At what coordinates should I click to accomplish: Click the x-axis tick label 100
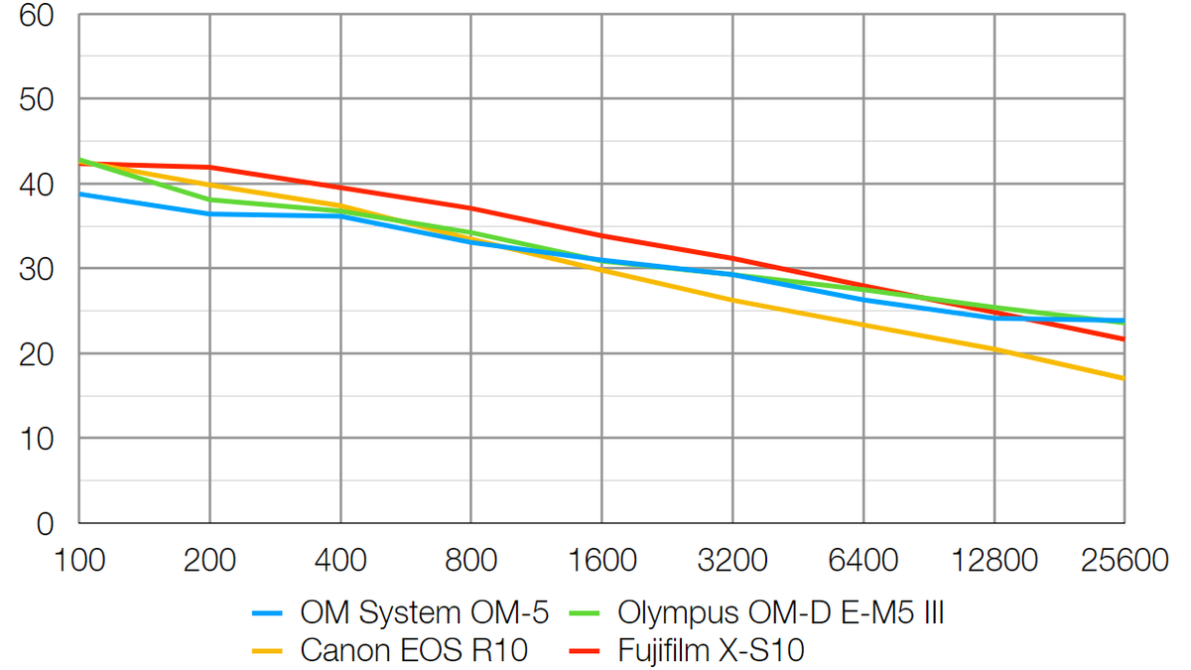pos(79,561)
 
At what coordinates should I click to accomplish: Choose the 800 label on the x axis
pos(470,561)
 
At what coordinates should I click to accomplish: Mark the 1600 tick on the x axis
pos(601,561)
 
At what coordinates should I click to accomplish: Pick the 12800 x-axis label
pos(993,561)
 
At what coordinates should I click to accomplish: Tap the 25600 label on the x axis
pos(1123,561)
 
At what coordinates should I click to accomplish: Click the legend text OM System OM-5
pos(424,613)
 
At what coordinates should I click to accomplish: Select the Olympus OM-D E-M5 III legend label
pos(780,613)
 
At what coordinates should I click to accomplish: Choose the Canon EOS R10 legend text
pos(413,651)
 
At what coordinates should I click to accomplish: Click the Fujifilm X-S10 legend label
pos(712,651)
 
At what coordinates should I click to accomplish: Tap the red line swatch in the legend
pos(585,652)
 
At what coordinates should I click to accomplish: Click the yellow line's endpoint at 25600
pos(1124,378)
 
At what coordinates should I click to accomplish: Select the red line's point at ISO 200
pos(209,167)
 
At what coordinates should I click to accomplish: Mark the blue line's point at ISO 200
pos(209,213)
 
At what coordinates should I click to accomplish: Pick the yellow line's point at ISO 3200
pos(732,300)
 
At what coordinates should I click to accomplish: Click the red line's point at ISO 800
pos(470,208)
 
